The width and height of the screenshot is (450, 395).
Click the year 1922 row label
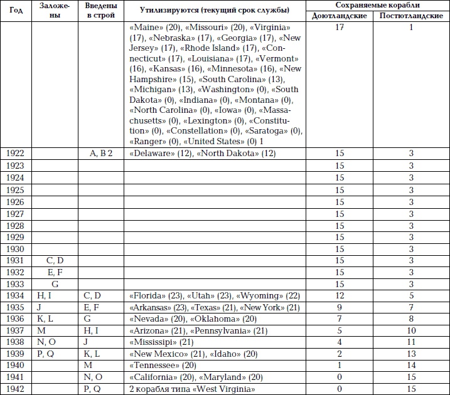point(15,154)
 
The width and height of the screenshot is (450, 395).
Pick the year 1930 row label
point(15,249)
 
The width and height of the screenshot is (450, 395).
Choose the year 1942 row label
point(15,389)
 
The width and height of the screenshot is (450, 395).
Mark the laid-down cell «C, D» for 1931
point(55,260)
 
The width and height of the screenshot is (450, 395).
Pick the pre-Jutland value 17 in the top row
point(340,28)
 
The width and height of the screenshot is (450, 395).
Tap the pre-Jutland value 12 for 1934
point(340,295)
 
